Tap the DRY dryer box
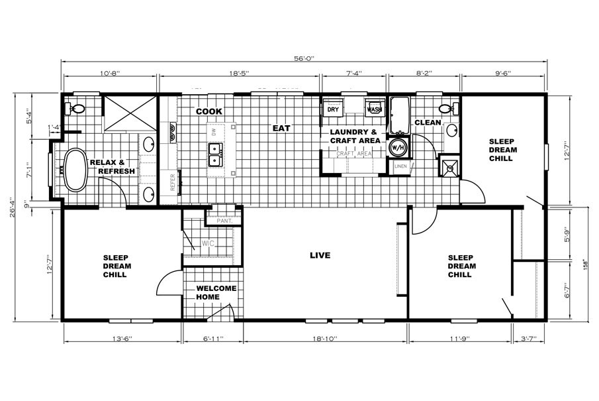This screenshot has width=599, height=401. tap(333, 109)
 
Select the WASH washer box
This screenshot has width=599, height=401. tap(375, 109)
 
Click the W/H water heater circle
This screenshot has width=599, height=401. tap(398, 146)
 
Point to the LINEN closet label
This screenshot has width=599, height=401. tap(400, 166)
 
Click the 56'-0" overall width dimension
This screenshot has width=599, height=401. tap(304, 58)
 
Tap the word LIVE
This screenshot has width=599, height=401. tap(321, 255)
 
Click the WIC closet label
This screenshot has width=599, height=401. tap(208, 245)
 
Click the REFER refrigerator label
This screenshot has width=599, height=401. tap(173, 182)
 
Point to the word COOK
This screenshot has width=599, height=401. tap(208, 111)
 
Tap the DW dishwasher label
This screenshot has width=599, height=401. tap(214, 132)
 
